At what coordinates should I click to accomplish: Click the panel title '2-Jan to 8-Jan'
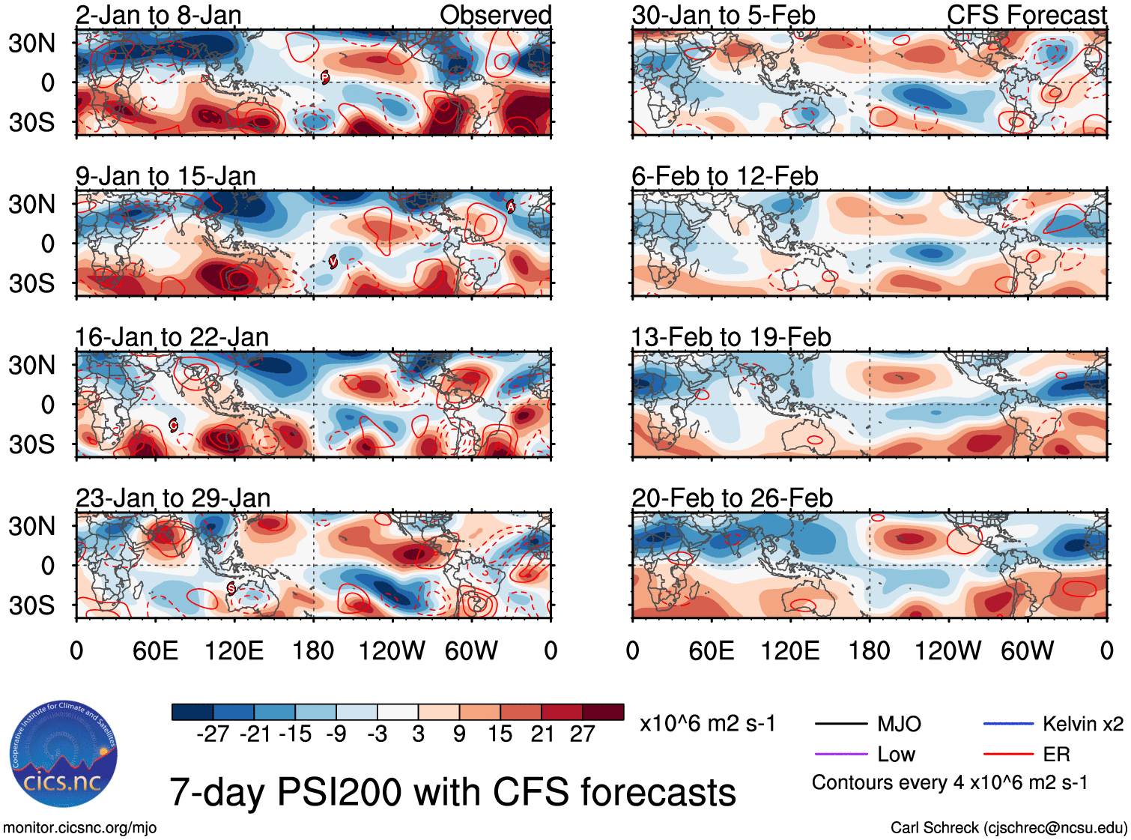point(158,15)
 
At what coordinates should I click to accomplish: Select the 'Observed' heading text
point(495,15)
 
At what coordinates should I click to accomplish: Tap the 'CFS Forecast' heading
point(1026,15)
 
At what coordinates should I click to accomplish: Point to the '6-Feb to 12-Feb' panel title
point(724,177)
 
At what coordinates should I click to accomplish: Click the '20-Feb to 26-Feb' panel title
point(732,498)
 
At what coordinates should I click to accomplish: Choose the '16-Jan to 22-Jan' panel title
point(172,338)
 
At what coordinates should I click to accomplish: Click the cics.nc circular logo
point(64,755)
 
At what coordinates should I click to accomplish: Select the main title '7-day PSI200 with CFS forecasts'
point(452,792)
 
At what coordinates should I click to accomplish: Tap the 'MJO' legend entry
point(898,724)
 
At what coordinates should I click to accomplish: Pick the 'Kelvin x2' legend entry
point(1082,724)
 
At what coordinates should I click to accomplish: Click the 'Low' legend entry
point(896,755)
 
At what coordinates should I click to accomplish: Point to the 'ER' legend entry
point(1056,755)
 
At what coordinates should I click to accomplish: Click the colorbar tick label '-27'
point(213,734)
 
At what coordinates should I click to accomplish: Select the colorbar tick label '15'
point(500,734)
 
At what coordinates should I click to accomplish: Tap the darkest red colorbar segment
point(603,712)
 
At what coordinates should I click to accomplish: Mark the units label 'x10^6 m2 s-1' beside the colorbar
point(707,724)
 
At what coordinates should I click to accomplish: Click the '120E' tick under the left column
point(234,650)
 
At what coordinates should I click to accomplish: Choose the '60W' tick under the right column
point(1027,650)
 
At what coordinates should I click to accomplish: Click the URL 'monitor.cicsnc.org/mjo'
point(79,828)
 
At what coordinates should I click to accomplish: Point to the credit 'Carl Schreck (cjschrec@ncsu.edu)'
point(1008,828)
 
